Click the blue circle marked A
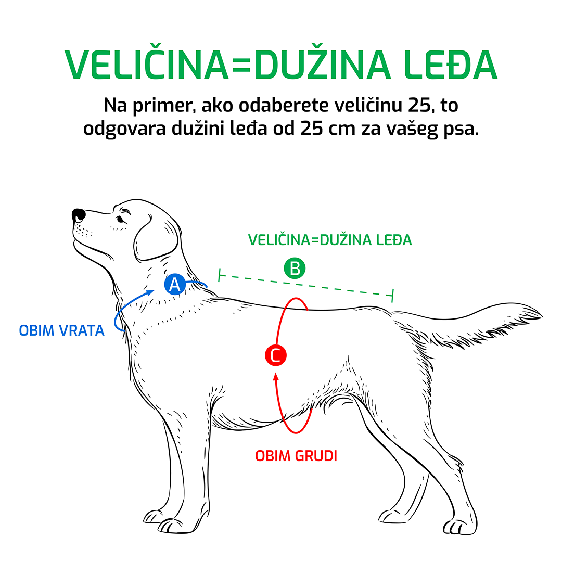[x=175, y=285]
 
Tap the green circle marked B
[x=295, y=269]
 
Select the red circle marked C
[x=275, y=355]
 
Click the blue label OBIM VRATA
[x=61, y=330]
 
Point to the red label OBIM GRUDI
[x=296, y=456]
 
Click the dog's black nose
[x=79, y=214]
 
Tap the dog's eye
[x=120, y=219]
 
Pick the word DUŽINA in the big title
[x=323, y=66]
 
